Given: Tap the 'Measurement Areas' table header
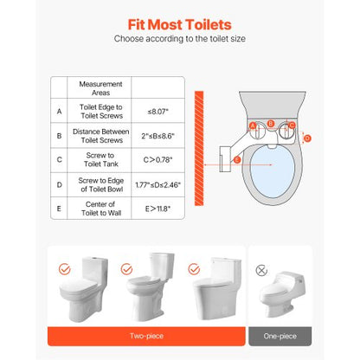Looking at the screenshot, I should (100, 88).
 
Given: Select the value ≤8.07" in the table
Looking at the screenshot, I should (157, 111).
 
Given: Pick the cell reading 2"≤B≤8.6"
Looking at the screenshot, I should (157, 136).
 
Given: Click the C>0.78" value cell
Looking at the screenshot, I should (157, 160).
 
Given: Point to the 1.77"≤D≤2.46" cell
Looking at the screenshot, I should (157, 184).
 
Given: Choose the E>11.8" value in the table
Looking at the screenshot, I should (157, 209).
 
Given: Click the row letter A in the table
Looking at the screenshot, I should (59, 111).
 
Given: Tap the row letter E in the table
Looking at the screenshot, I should (59, 209).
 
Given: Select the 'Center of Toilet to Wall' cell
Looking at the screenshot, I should (100, 209).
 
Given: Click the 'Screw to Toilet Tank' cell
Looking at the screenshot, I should (100, 160).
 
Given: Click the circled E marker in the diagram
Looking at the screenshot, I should (237, 160).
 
